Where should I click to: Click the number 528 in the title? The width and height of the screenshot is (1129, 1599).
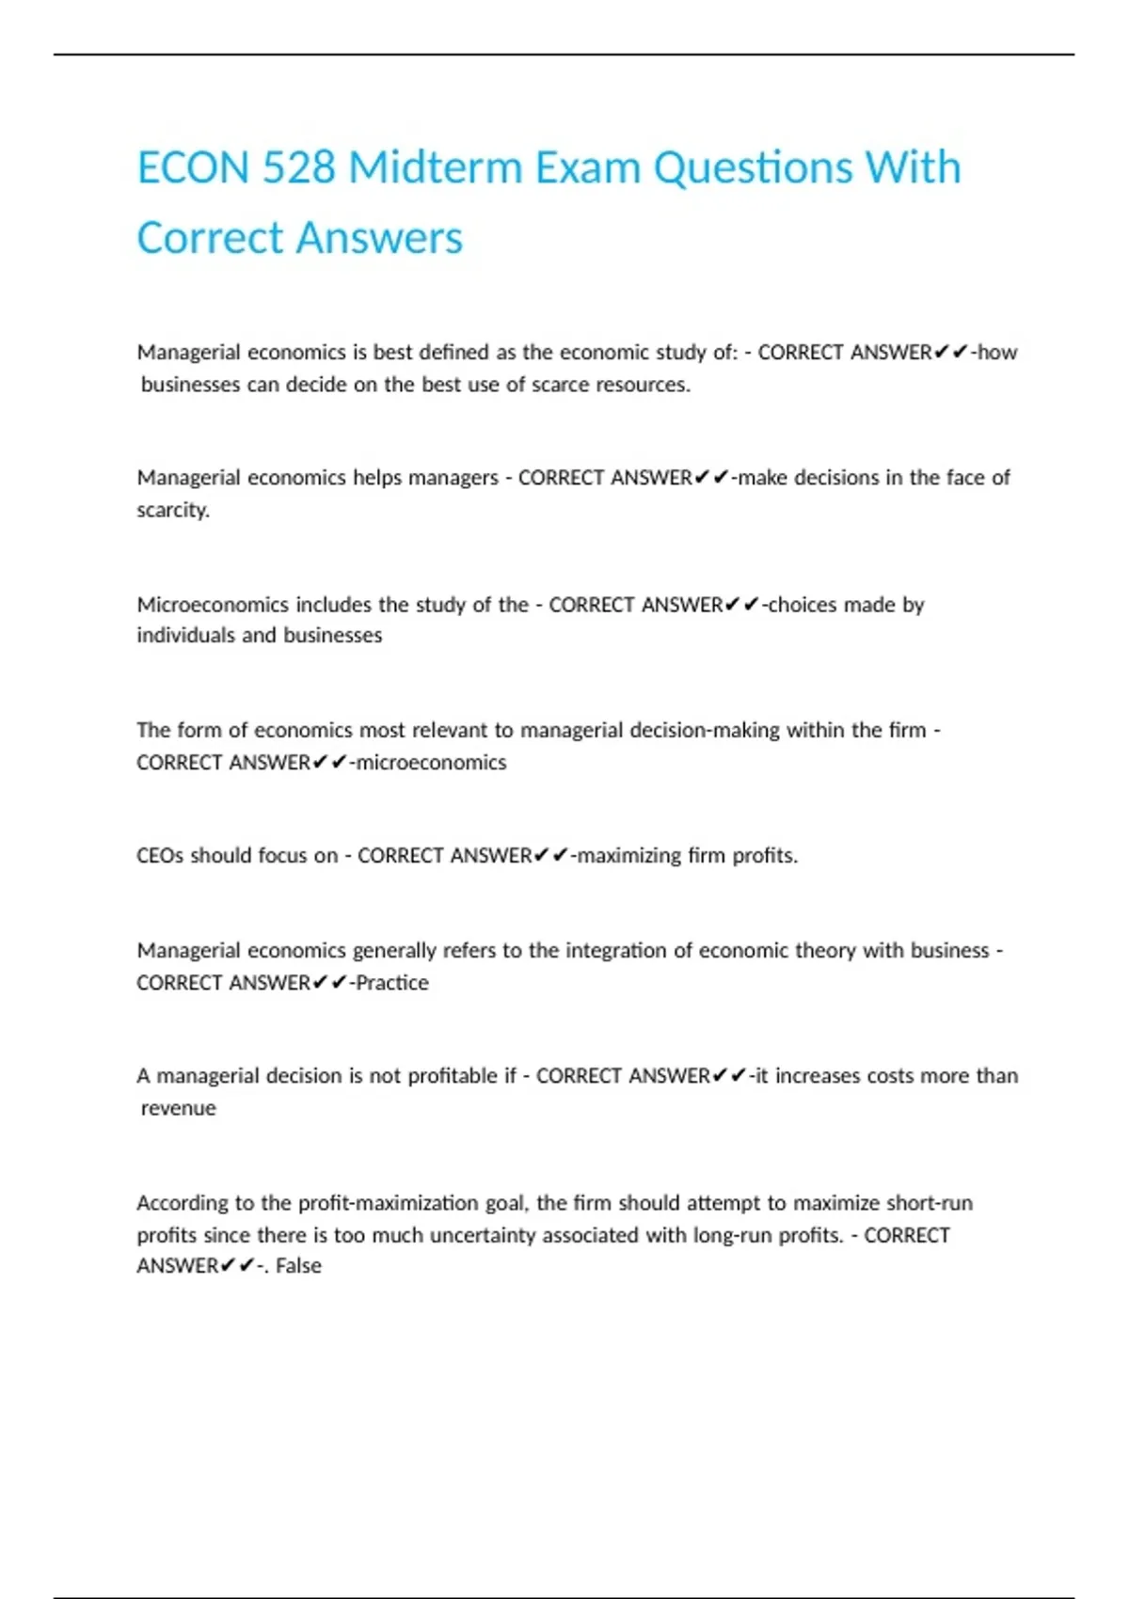(298, 168)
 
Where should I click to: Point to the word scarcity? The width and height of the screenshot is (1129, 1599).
(173, 510)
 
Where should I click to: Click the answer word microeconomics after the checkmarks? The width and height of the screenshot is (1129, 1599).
(431, 762)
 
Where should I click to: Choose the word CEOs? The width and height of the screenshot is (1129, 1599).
(160, 856)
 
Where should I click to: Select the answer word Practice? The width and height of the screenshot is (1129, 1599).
(392, 983)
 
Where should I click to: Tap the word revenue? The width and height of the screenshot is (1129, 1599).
(179, 1108)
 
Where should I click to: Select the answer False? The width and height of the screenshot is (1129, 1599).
(298, 1266)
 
